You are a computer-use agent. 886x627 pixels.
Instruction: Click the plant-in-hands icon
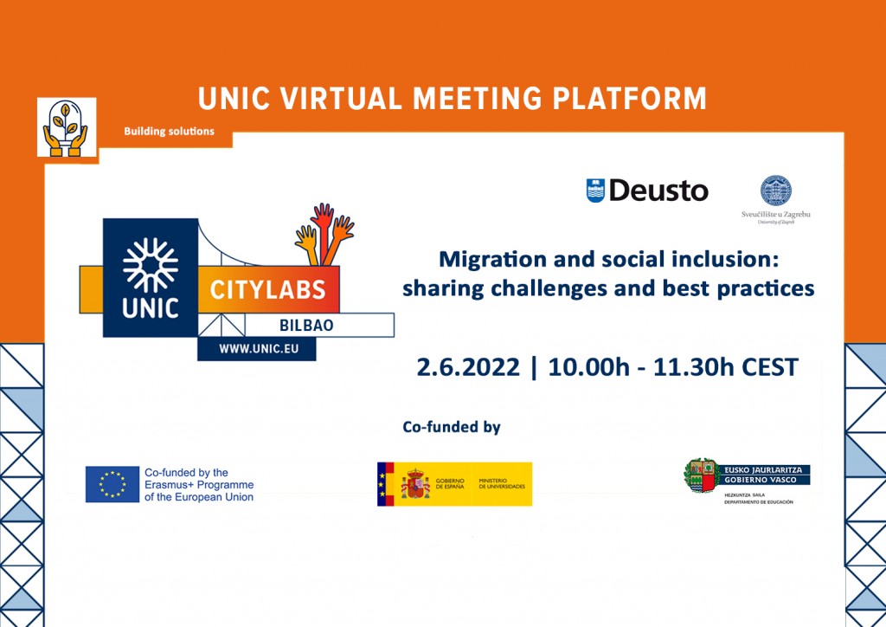pyautogui.click(x=67, y=127)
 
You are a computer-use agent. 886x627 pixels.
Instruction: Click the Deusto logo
pyautogui.click(x=647, y=191)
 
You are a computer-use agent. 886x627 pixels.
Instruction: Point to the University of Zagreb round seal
pyautogui.click(x=775, y=191)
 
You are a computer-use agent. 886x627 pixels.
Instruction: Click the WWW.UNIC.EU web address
pyautogui.click(x=256, y=348)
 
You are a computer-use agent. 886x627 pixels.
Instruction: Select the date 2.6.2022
pyautogui.click(x=468, y=367)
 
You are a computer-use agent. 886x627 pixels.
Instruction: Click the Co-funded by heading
pyautogui.click(x=452, y=426)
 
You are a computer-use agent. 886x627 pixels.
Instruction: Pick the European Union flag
pyautogui.click(x=112, y=484)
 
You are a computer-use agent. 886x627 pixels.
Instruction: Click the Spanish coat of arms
pyautogui.click(x=416, y=484)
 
